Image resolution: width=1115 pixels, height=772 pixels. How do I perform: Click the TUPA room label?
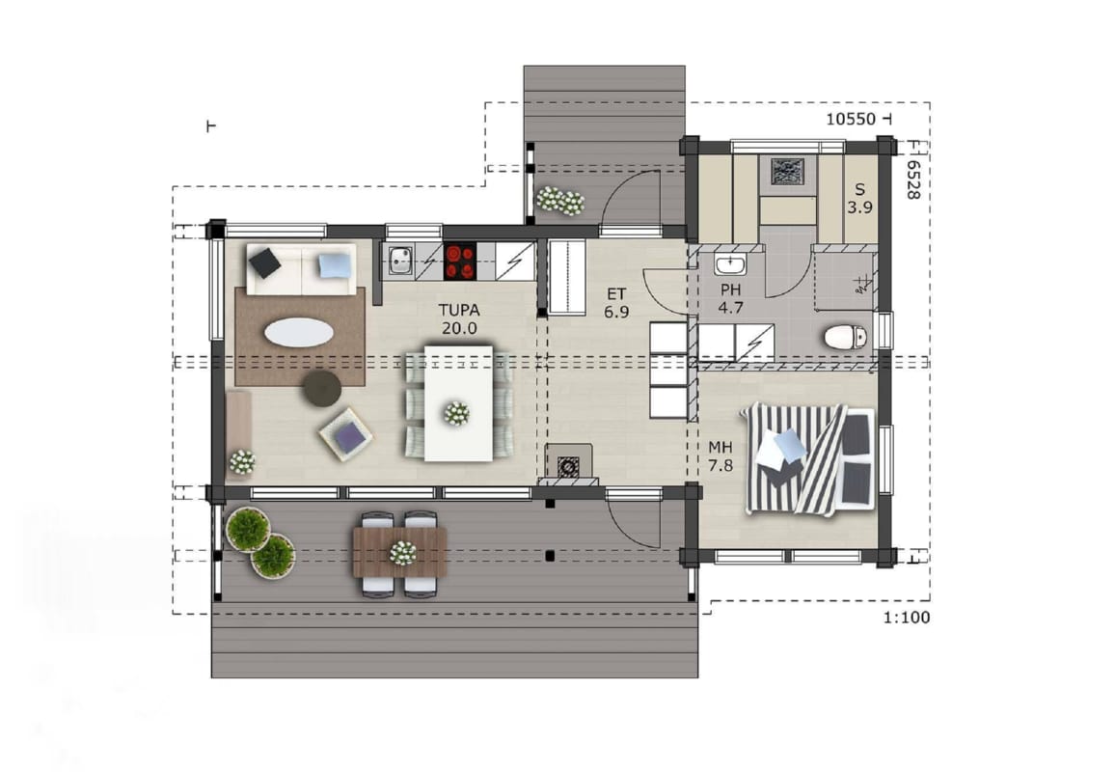459,319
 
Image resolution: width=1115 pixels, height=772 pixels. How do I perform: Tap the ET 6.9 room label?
616,302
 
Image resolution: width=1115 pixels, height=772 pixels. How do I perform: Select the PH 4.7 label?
730,299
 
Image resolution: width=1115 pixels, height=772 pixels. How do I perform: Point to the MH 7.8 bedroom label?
721,456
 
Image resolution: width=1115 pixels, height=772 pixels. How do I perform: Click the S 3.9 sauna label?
859,199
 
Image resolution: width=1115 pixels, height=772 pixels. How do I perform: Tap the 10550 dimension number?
851,119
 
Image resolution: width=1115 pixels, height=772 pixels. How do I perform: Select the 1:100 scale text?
907,618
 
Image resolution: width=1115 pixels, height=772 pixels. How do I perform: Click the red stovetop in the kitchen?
460,262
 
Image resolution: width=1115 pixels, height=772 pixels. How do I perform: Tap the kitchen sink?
400,261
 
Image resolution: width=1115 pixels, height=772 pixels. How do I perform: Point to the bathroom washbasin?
729,264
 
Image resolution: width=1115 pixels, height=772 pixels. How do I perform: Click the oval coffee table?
299,332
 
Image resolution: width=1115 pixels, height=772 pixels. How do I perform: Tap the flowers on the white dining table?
456,413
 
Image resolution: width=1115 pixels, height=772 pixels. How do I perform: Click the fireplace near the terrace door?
568,464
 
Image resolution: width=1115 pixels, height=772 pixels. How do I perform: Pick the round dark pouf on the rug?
322,389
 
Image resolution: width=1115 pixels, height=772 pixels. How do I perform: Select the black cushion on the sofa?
264,262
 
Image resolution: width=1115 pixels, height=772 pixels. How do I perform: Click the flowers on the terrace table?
402,553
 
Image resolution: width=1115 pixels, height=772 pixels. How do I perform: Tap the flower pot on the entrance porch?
560,201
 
